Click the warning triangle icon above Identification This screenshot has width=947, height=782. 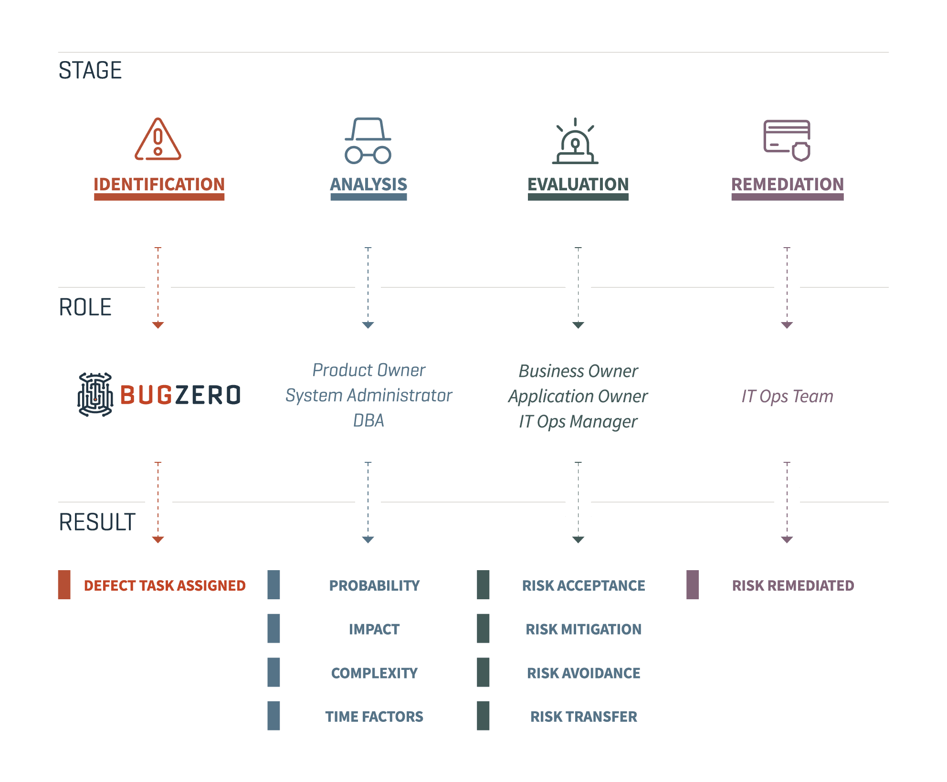[158, 139]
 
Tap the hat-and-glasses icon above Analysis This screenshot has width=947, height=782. [368, 141]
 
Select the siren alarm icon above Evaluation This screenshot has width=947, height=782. [576, 142]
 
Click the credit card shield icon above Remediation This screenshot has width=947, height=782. [787, 140]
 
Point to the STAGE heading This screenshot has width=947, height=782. [90, 71]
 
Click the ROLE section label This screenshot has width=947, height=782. [85, 307]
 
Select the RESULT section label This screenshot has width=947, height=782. [97, 522]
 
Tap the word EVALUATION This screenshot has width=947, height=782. [578, 184]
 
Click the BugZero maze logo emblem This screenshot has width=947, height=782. [95, 395]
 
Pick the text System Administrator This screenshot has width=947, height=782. [368, 396]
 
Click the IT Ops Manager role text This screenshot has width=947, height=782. [578, 421]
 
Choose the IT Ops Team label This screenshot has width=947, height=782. [787, 396]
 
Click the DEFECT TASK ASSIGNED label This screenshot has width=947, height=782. [165, 585]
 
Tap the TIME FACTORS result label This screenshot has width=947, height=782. [374, 716]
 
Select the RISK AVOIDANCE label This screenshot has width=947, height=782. [583, 673]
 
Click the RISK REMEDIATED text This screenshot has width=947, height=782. [793, 585]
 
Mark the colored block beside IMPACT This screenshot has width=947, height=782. [274, 628]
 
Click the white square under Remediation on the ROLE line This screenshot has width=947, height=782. [787, 287]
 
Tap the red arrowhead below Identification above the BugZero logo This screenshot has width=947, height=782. [158, 325]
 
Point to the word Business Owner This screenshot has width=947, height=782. [578, 371]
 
